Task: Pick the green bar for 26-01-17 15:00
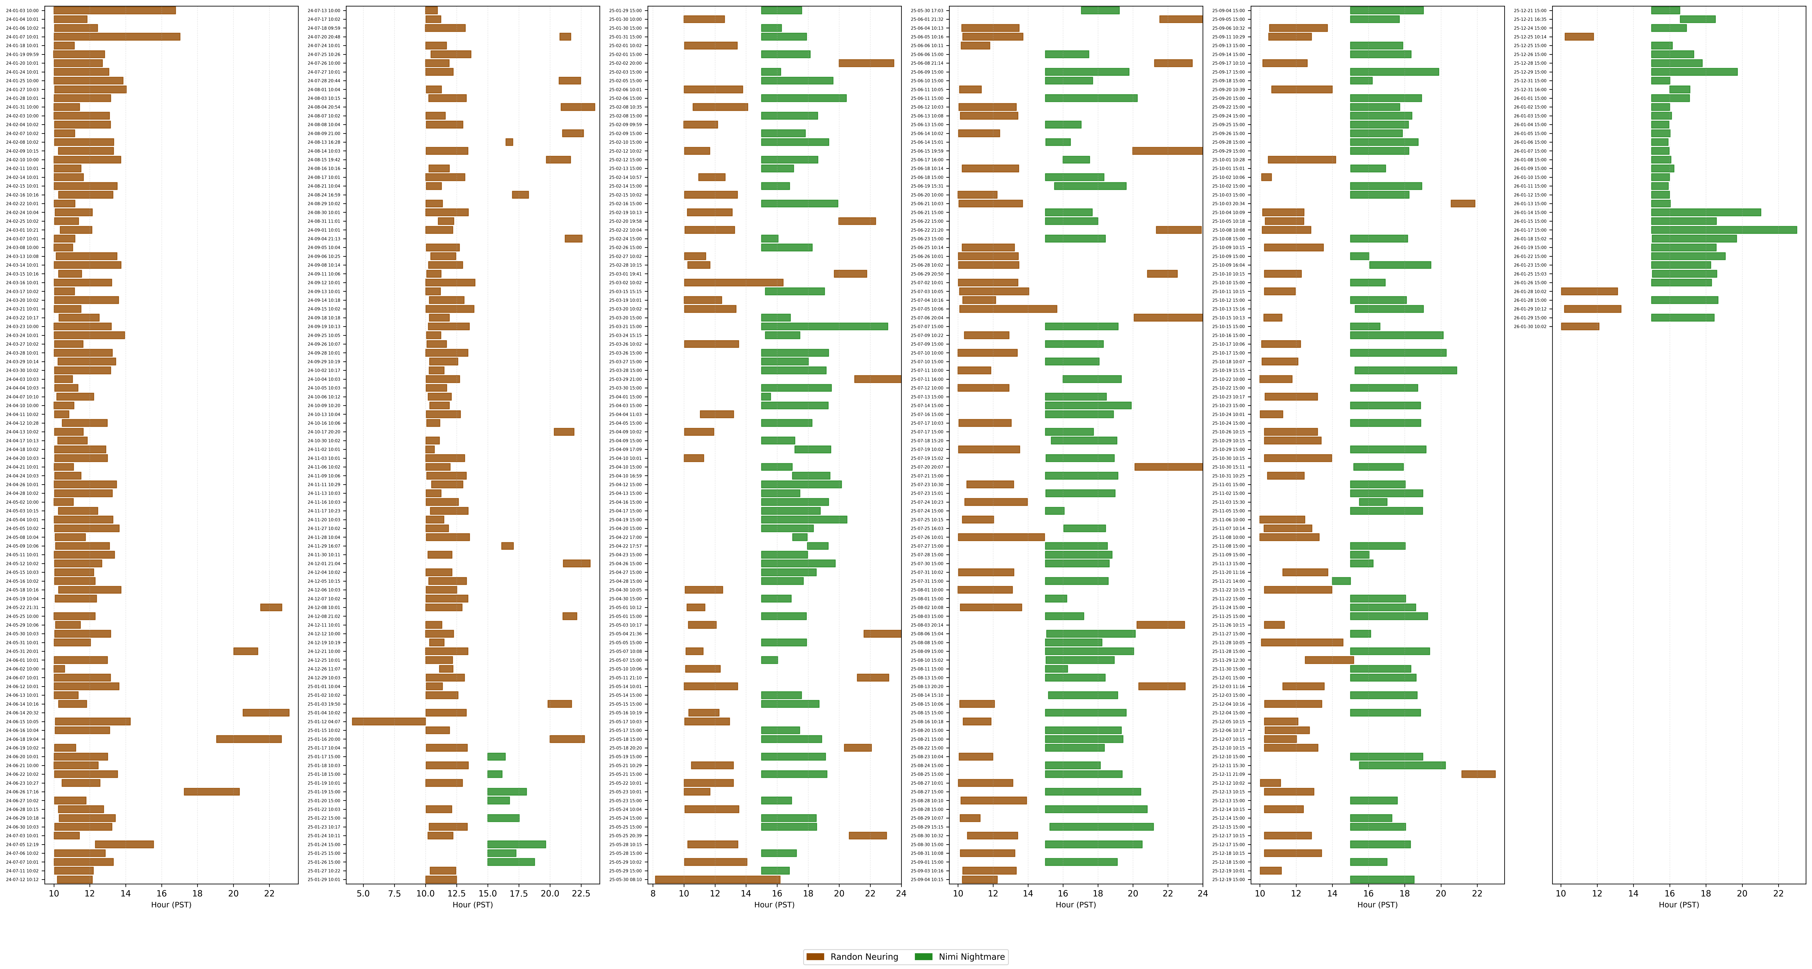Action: tap(1723, 230)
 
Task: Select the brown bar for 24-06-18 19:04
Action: tap(249, 739)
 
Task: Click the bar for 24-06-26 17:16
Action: tap(212, 792)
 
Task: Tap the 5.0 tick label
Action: tap(363, 894)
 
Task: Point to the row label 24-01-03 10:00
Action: tap(22, 11)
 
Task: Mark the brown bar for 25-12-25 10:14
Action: tap(1579, 37)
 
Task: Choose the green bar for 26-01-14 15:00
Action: tap(1706, 212)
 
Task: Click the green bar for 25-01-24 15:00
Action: tap(516, 844)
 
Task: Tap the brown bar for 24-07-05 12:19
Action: tap(124, 844)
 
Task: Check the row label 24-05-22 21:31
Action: tap(22, 607)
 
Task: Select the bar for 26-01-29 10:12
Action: tap(1593, 309)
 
